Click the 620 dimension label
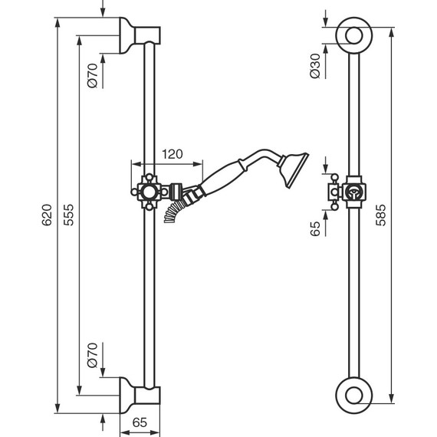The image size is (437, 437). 47,215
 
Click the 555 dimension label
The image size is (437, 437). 68,215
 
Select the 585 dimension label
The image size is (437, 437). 381,215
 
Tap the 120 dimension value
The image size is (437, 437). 172,154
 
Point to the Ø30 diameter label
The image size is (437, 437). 315,66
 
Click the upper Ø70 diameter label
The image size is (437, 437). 93,76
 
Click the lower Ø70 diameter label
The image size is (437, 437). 93,355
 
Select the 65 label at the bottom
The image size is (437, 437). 140,422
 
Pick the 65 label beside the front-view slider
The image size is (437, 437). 315,228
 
